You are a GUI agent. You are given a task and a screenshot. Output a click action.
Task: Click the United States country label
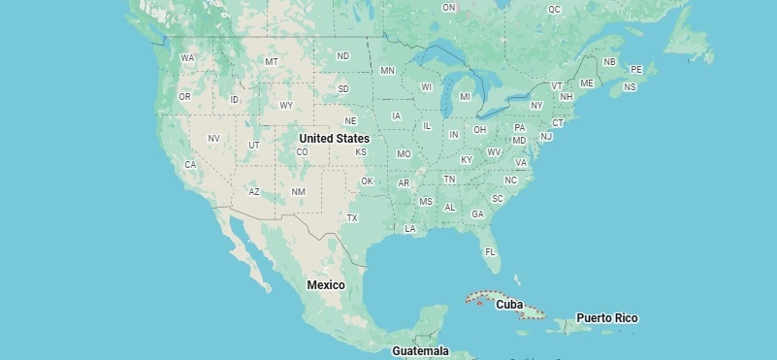tap(334, 139)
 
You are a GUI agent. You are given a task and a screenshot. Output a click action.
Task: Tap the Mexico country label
tap(326, 284)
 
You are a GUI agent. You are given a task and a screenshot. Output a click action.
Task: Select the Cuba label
tap(509, 304)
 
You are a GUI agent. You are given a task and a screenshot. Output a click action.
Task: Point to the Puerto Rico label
tap(607, 317)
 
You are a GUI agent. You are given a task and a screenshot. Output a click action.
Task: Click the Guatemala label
tap(420, 350)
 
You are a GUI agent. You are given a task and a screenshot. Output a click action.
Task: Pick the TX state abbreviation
tap(352, 217)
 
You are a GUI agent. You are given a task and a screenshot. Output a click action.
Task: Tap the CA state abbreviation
tap(190, 164)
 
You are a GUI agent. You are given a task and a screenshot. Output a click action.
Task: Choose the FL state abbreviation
tap(490, 251)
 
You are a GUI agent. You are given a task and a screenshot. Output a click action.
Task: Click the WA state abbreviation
tap(187, 58)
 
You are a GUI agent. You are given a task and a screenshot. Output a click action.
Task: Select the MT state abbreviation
tap(272, 62)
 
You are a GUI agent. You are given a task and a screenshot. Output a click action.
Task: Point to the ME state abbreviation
tap(586, 83)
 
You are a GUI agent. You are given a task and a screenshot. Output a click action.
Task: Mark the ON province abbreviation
tap(448, 8)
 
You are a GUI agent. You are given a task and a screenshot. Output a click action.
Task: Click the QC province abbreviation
tap(554, 9)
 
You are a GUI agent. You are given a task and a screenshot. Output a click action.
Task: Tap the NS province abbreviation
tap(630, 87)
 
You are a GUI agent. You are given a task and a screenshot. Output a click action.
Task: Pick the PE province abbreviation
tap(636, 70)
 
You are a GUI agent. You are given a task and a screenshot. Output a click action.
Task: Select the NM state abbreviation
tap(298, 192)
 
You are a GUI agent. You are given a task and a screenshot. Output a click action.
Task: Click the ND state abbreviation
tap(342, 56)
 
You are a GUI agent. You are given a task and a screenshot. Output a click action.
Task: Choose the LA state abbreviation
tap(410, 229)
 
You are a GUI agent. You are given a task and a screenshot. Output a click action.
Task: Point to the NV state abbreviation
tap(213, 139)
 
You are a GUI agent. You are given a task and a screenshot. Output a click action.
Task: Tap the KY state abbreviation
tap(467, 159)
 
